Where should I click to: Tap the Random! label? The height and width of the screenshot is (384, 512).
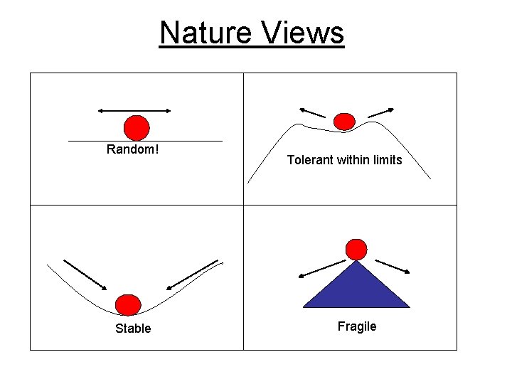click(x=132, y=149)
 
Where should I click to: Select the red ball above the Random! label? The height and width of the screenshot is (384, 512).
click(x=137, y=128)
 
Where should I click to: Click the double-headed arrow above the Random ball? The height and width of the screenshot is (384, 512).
click(x=134, y=110)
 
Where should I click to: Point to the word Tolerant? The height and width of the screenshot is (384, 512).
click(x=309, y=160)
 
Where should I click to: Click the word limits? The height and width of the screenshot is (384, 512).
click(x=385, y=160)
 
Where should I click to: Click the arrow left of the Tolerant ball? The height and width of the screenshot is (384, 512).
click(x=312, y=112)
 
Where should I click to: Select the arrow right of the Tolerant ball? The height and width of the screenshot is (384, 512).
click(x=381, y=112)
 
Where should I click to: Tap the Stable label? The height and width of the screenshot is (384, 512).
click(x=133, y=329)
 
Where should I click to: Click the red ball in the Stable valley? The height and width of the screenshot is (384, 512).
click(x=128, y=304)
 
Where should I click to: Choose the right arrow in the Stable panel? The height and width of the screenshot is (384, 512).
click(x=192, y=275)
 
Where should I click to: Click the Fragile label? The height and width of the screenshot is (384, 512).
click(x=357, y=326)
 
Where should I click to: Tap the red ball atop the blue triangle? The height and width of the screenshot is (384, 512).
click(x=356, y=249)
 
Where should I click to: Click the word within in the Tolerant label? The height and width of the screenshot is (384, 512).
click(x=351, y=160)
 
